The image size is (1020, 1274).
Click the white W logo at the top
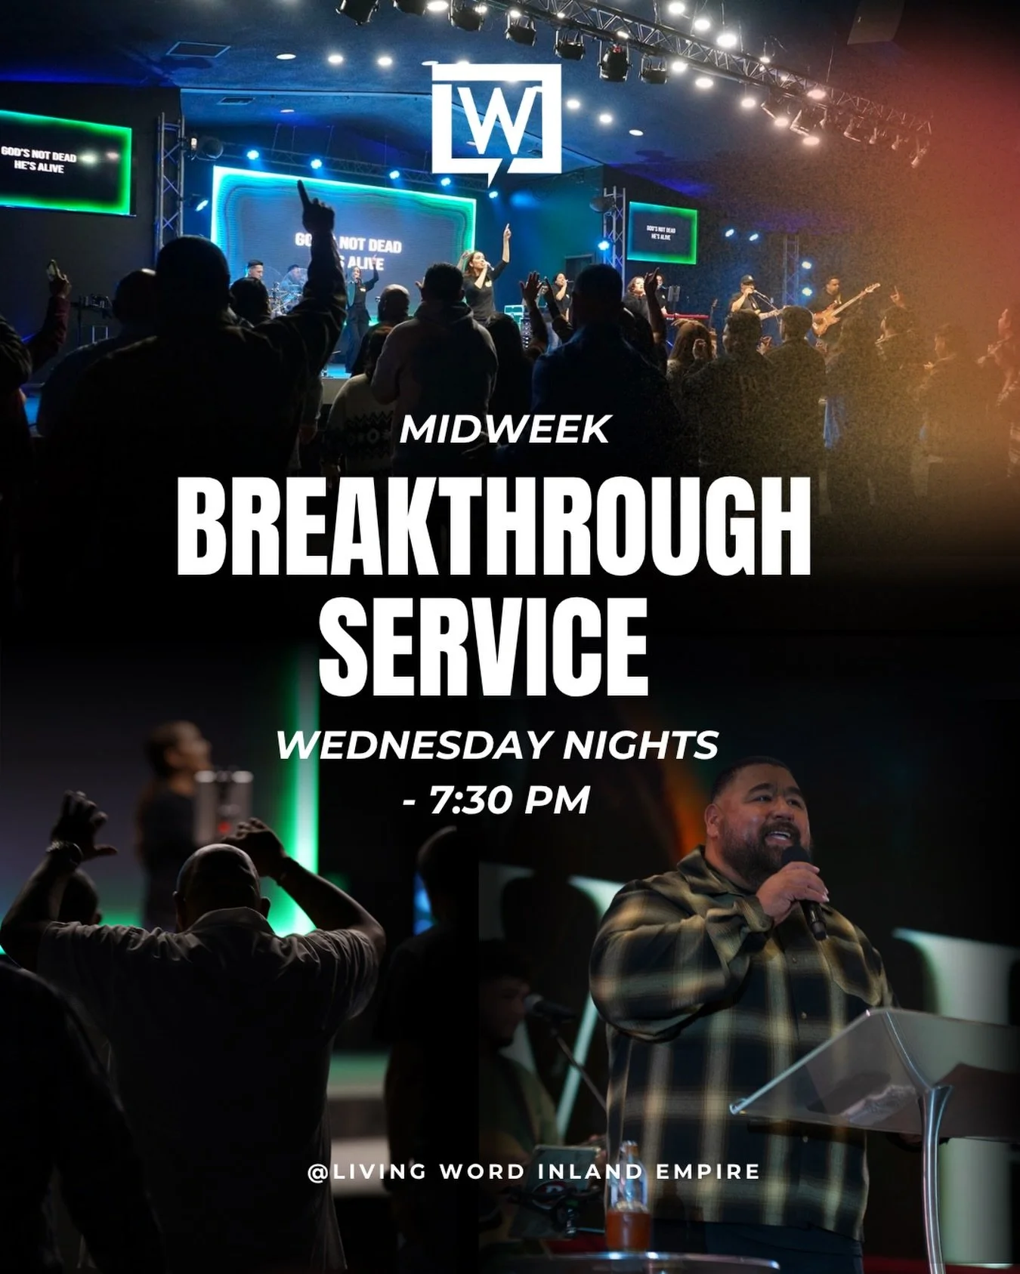tap(497, 121)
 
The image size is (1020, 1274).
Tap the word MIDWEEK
tap(505, 430)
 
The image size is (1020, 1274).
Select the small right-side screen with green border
tap(662, 232)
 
